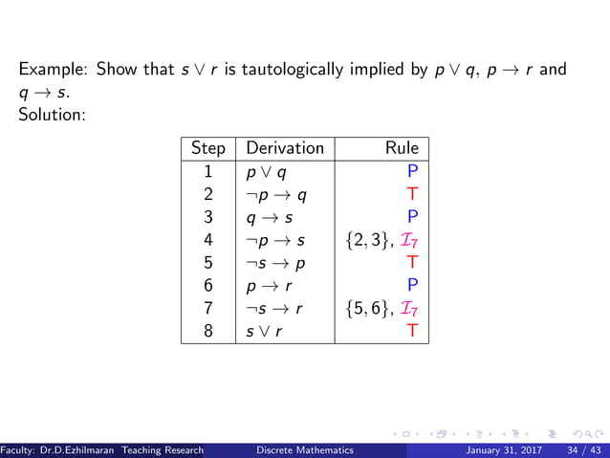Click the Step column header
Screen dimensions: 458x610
[x=208, y=148]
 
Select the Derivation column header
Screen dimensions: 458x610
[x=285, y=148]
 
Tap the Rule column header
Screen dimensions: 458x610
[x=402, y=148]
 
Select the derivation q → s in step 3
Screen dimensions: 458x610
[x=269, y=218]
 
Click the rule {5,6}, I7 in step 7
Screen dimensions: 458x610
[x=381, y=309]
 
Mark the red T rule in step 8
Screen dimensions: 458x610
[x=412, y=332]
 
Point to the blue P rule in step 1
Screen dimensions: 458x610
[x=412, y=173]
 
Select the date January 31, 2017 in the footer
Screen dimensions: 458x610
[x=501, y=450]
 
